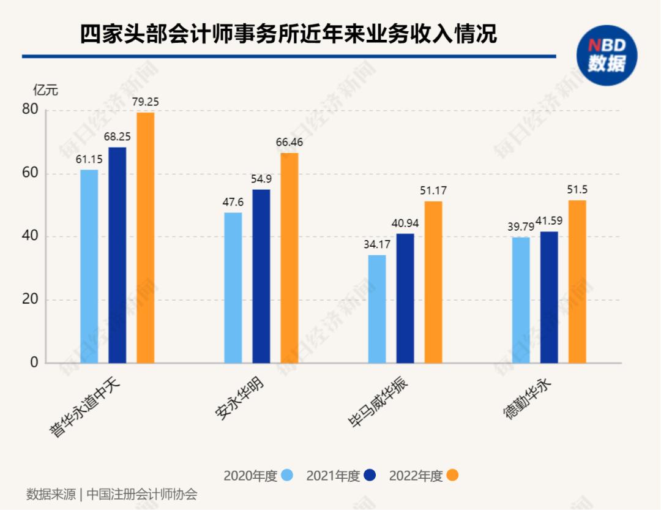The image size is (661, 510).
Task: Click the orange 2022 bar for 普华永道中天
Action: (145, 238)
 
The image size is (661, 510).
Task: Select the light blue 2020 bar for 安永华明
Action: (233, 288)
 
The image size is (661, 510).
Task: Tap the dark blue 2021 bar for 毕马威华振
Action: (405, 298)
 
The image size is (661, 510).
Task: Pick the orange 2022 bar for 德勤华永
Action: (577, 282)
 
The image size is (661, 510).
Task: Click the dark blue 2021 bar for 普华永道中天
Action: (118, 255)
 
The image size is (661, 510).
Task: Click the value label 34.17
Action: (377, 245)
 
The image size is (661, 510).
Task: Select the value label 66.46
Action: (289, 143)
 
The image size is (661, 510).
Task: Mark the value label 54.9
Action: (261, 179)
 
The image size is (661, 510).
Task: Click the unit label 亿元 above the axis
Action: (45, 91)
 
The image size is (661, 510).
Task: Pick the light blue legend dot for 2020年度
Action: (287, 475)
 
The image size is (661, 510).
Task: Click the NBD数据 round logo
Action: (607, 55)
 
